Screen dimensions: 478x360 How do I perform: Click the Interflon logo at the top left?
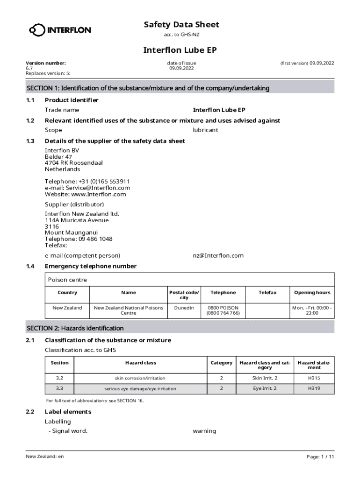click(x=60, y=30)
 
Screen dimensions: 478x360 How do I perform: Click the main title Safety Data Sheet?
click(x=181, y=24)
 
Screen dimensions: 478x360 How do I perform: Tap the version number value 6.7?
click(x=29, y=68)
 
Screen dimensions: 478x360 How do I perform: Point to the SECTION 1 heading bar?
click(x=180, y=88)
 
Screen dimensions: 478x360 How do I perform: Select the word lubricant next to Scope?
click(x=205, y=130)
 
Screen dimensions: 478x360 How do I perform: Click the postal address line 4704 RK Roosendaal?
click(x=73, y=163)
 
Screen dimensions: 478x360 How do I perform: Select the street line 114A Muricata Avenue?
click(x=77, y=220)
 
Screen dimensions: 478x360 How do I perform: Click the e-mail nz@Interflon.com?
click(x=218, y=255)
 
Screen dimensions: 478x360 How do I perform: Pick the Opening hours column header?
click(x=312, y=293)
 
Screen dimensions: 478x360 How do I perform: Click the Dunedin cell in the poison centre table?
click(x=184, y=308)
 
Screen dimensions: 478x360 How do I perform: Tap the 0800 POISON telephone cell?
click(x=223, y=310)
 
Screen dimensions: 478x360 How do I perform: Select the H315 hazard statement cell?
click(x=314, y=378)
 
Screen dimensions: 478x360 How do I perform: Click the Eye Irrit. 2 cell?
click(x=265, y=388)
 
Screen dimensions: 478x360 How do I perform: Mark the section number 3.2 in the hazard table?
click(x=59, y=378)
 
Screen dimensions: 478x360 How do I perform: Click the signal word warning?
click(x=204, y=431)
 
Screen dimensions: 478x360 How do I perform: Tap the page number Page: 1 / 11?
click(x=320, y=457)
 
